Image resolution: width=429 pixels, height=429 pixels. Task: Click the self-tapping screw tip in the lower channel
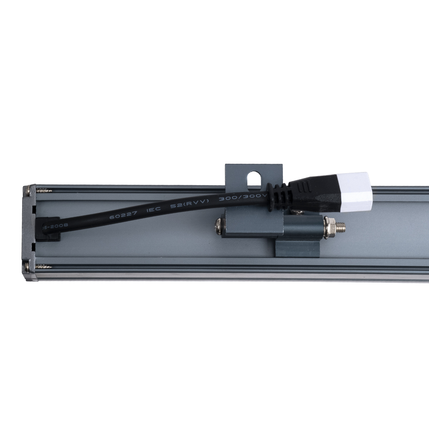pyautogui.click(x=45, y=266)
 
